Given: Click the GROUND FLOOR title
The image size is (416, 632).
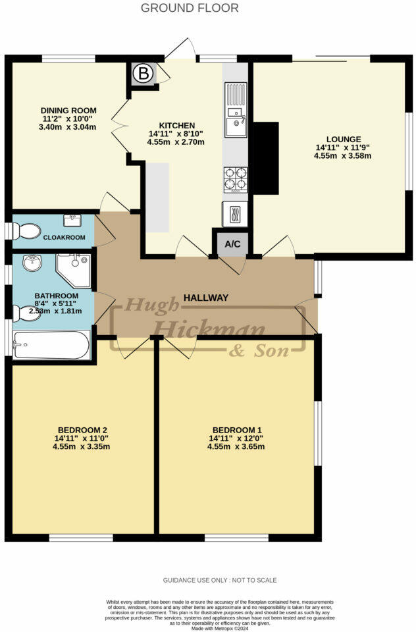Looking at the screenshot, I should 190,8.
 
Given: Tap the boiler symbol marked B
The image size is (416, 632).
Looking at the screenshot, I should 143,74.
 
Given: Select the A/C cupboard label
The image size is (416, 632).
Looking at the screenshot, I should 233,244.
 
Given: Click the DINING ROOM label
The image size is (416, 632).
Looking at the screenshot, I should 68,110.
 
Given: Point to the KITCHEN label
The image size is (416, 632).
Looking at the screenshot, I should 176,125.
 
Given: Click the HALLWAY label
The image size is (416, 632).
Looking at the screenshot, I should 206,298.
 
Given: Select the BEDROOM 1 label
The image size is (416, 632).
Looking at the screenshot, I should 236,429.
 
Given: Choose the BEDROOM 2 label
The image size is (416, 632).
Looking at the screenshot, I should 82,429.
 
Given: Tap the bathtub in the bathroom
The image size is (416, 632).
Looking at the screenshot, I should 51,345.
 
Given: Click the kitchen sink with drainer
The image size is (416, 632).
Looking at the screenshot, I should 236,111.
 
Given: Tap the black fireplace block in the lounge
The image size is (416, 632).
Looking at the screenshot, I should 265,158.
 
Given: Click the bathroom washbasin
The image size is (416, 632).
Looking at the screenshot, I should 32,264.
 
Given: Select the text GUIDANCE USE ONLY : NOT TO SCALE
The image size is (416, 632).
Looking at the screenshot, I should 220,580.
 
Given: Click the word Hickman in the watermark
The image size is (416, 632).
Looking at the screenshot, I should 209,328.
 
